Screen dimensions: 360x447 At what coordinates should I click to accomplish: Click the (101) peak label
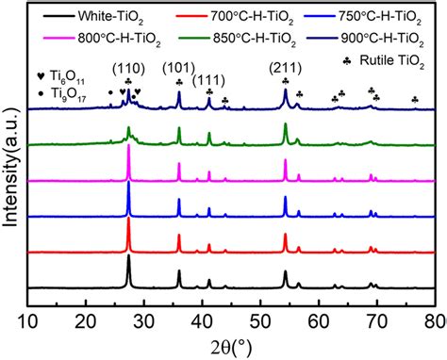point(180,69)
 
